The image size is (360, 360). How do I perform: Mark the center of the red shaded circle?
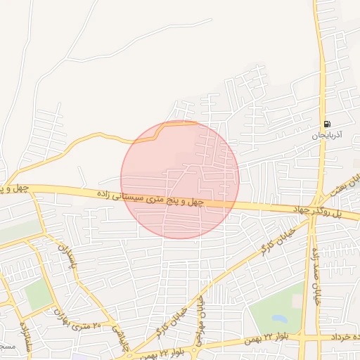[180, 179]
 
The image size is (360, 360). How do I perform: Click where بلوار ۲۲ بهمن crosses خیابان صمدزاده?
[304, 338]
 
